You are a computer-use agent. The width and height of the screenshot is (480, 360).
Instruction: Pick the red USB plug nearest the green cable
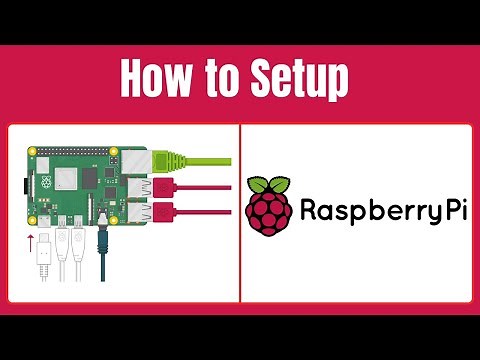click(163, 187)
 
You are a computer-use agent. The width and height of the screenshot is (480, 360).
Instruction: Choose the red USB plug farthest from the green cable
click(163, 211)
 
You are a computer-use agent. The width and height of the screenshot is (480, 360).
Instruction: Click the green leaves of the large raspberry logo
click(269, 186)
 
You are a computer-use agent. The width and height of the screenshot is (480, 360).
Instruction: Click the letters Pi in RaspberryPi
click(454, 211)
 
